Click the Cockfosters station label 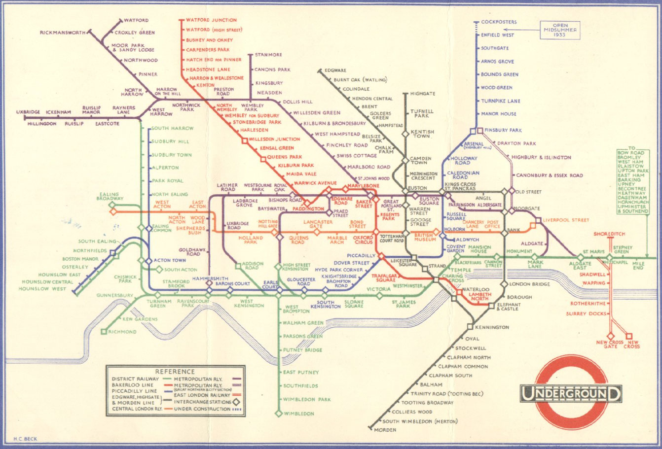point(499,22)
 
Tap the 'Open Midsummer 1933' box point(559,30)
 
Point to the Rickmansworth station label point(63,33)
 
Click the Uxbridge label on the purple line point(28,112)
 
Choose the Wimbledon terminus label point(298,414)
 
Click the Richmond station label point(122,332)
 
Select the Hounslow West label point(41,289)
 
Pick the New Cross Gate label point(610,345)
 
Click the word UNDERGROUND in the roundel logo point(571,393)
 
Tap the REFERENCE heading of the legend point(175,371)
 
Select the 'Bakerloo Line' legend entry point(129,385)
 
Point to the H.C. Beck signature point(26,439)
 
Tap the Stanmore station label point(268,55)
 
